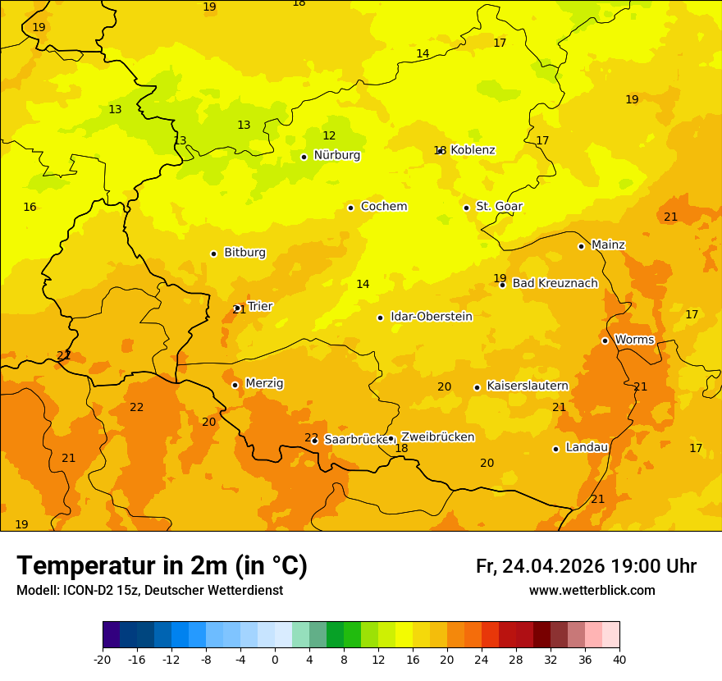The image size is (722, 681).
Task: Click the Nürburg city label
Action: [336, 155]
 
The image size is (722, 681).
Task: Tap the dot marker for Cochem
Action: [350, 208]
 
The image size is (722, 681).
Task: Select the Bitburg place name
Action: [244, 253]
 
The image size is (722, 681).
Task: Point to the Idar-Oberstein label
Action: [431, 317]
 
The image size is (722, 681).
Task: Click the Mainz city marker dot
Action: [581, 246]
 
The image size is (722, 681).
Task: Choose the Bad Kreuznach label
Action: [555, 283]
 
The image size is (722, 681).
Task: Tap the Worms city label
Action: [634, 340]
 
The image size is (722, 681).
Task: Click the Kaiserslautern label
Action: [527, 386]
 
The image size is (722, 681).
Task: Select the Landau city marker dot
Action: [555, 449]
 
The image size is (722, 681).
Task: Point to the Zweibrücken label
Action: [437, 437]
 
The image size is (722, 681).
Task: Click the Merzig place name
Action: [264, 383]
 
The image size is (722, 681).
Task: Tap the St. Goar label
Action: [499, 207]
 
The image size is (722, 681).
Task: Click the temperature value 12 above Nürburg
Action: [329, 136]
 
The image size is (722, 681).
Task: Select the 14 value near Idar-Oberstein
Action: [363, 285]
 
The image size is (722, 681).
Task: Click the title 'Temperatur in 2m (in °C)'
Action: [162, 566]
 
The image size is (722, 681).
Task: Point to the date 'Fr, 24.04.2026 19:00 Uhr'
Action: [586, 566]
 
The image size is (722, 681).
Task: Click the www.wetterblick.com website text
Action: [592, 591]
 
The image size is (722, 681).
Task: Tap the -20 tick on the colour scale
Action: [103, 659]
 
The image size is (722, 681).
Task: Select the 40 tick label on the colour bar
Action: [619, 659]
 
